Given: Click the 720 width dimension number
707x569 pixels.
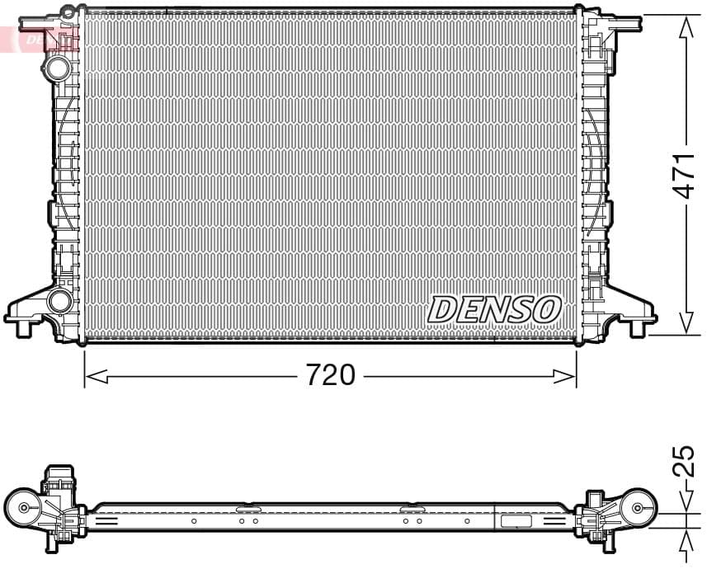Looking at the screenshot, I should click(330, 375).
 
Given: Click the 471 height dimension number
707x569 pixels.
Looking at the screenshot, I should click(684, 175).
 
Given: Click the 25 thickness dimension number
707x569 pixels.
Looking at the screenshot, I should click(684, 462).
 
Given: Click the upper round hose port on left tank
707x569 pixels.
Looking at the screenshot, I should click(58, 67).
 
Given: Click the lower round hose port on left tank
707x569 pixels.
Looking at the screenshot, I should click(59, 301).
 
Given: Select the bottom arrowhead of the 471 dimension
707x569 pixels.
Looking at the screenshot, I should click(685, 324).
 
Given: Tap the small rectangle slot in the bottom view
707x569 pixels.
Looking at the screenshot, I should click(517, 521).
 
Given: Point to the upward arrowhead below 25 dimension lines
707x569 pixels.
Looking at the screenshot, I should click(685, 537).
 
